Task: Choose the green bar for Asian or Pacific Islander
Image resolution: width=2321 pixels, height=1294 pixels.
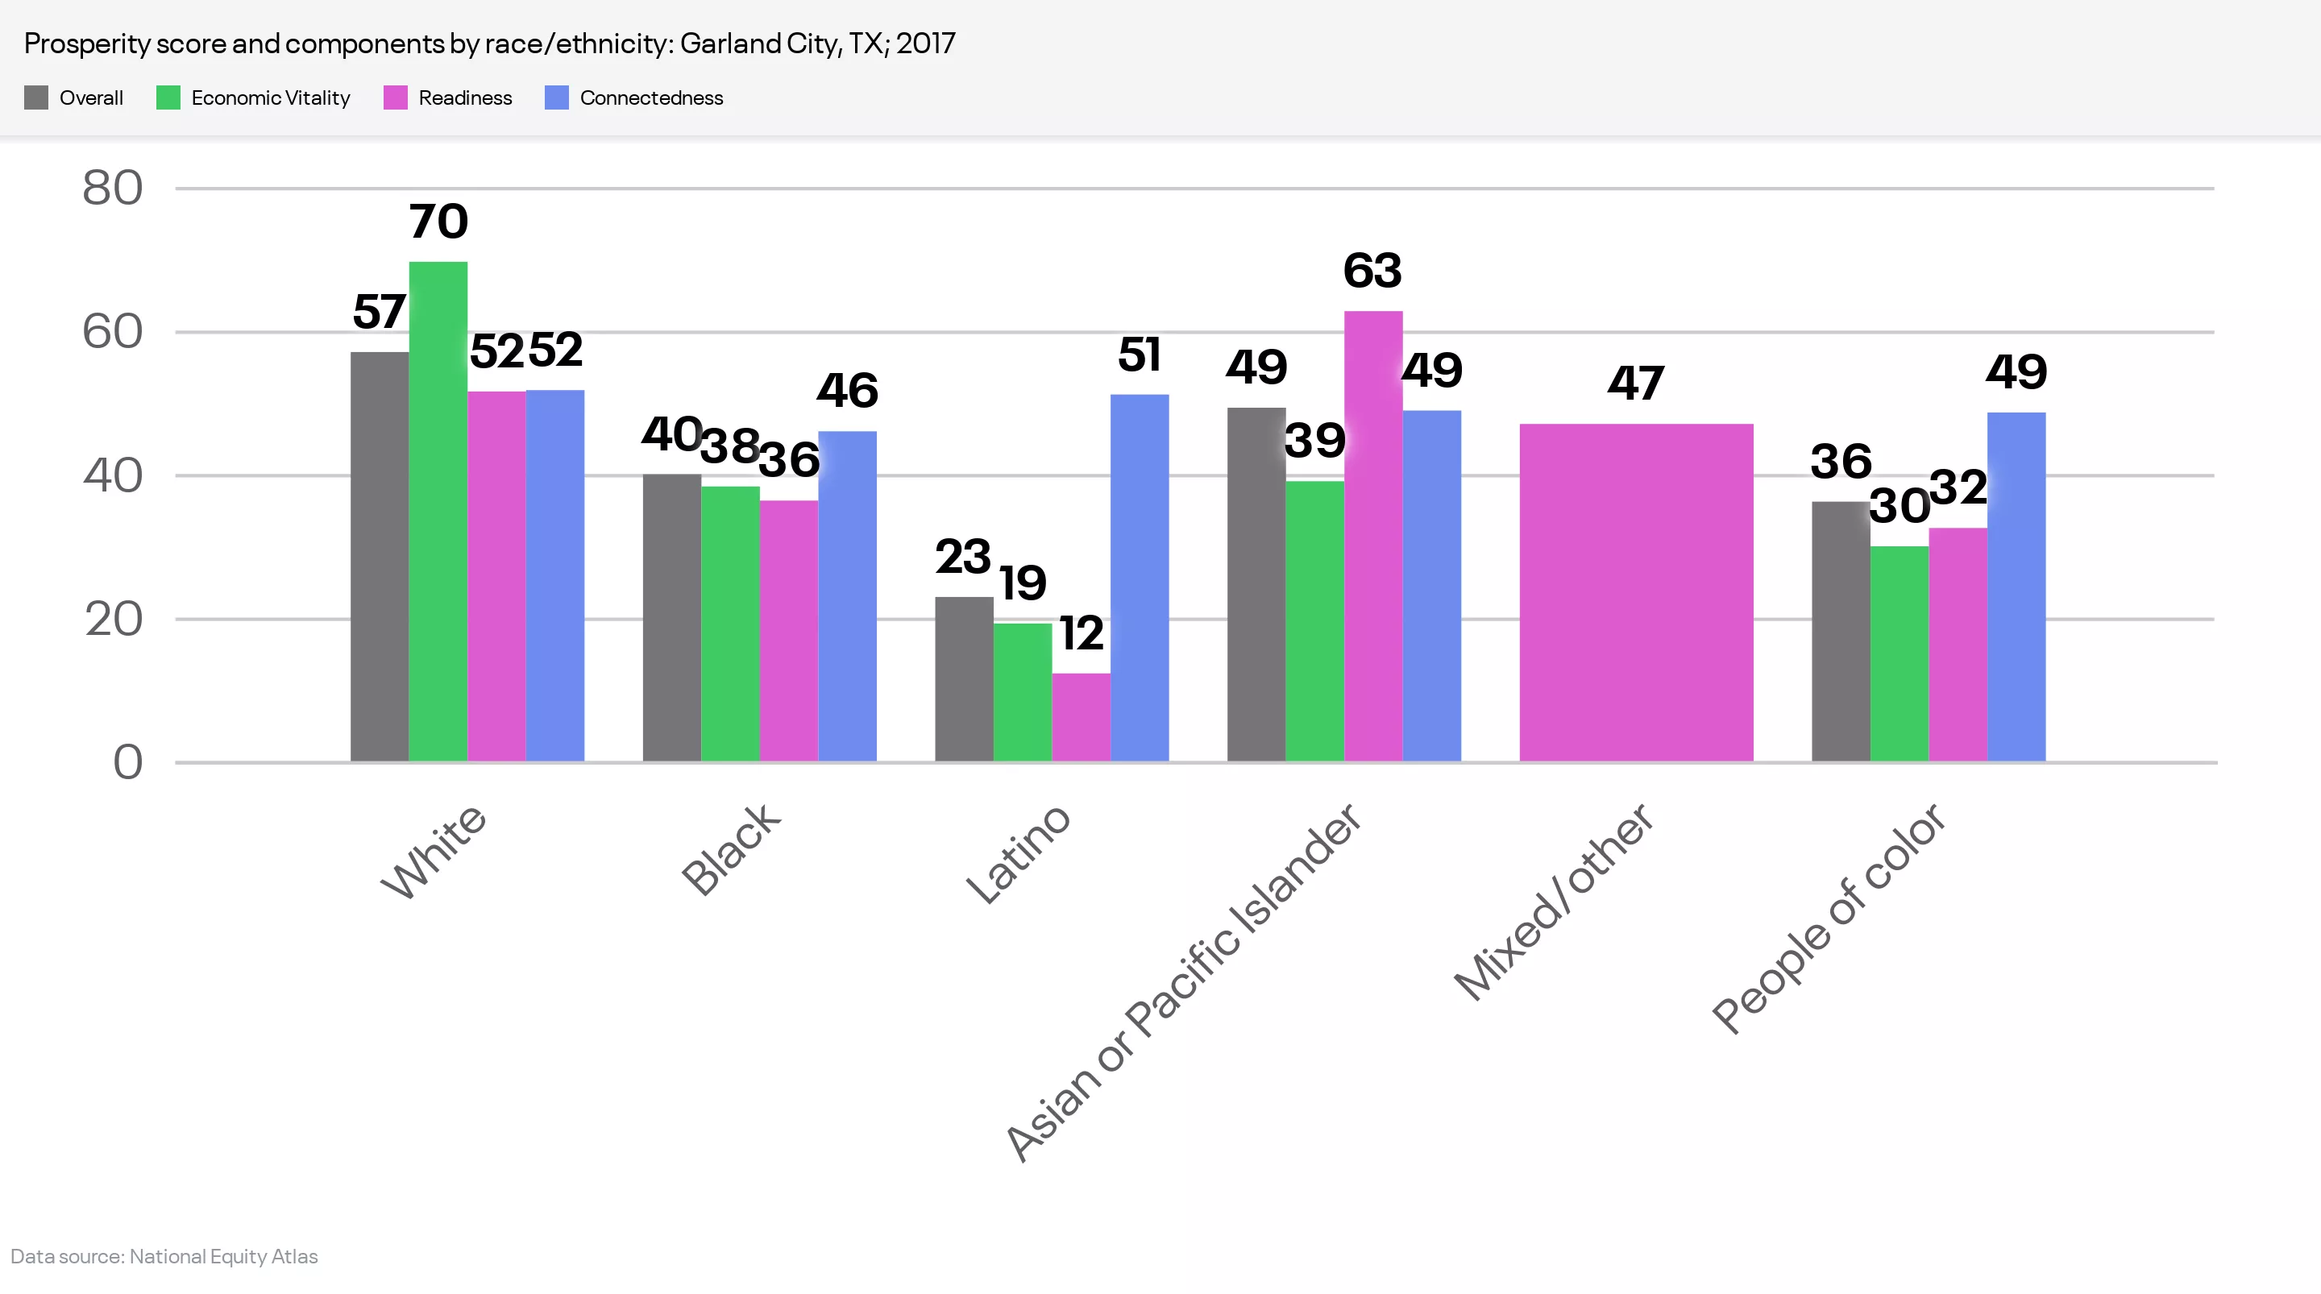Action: point(1314,621)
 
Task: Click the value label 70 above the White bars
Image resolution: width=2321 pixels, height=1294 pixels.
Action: point(438,222)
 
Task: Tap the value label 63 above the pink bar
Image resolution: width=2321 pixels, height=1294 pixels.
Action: point(1372,271)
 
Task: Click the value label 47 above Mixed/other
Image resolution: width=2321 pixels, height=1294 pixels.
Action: point(1635,384)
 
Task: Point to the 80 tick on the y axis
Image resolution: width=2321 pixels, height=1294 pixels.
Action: point(113,189)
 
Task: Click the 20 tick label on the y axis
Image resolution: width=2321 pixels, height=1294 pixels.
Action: point(114,620)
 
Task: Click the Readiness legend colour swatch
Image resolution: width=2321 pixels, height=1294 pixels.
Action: point(396,97)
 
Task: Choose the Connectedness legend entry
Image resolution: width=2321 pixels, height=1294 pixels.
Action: point(650,97)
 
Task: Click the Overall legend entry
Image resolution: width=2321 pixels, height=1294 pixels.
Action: point(90,97)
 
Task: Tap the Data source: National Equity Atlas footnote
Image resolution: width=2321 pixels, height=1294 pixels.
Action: point(164,1256)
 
